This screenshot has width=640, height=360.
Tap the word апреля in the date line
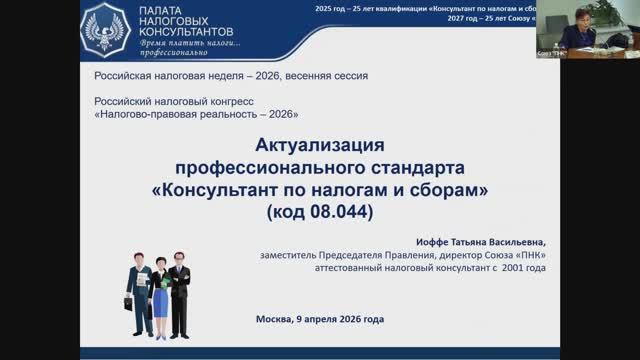pos(322,320)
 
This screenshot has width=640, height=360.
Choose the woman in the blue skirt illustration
pos(158,290)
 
